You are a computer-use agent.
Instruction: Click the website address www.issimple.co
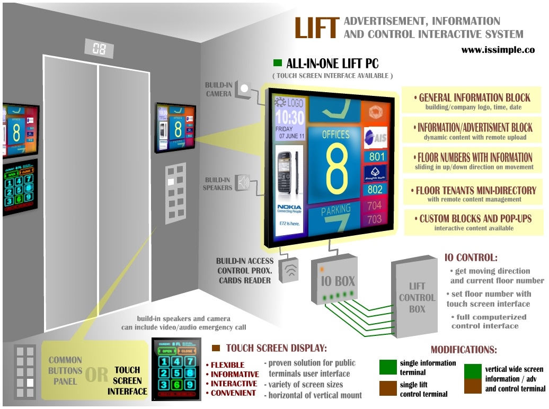click(498, 50)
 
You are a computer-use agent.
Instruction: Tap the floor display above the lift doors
click(99, 49)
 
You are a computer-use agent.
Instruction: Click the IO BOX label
click(337, 280)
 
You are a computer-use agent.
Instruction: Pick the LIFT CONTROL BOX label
click(417, 298)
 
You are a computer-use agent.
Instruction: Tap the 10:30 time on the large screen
click(289, 117)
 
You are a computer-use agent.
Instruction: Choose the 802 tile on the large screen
click(375, 189)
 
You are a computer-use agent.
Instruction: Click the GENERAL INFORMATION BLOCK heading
click(474, 97)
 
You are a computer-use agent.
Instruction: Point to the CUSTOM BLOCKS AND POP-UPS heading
click(475, 218)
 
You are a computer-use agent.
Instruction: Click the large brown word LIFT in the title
click(316, 29)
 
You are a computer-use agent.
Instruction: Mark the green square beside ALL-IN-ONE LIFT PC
click(277, 64)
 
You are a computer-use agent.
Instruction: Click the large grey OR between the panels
click(96, 375)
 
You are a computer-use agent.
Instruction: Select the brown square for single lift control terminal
click(388, 388)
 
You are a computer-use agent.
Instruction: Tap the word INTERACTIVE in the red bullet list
click(234, 384)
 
